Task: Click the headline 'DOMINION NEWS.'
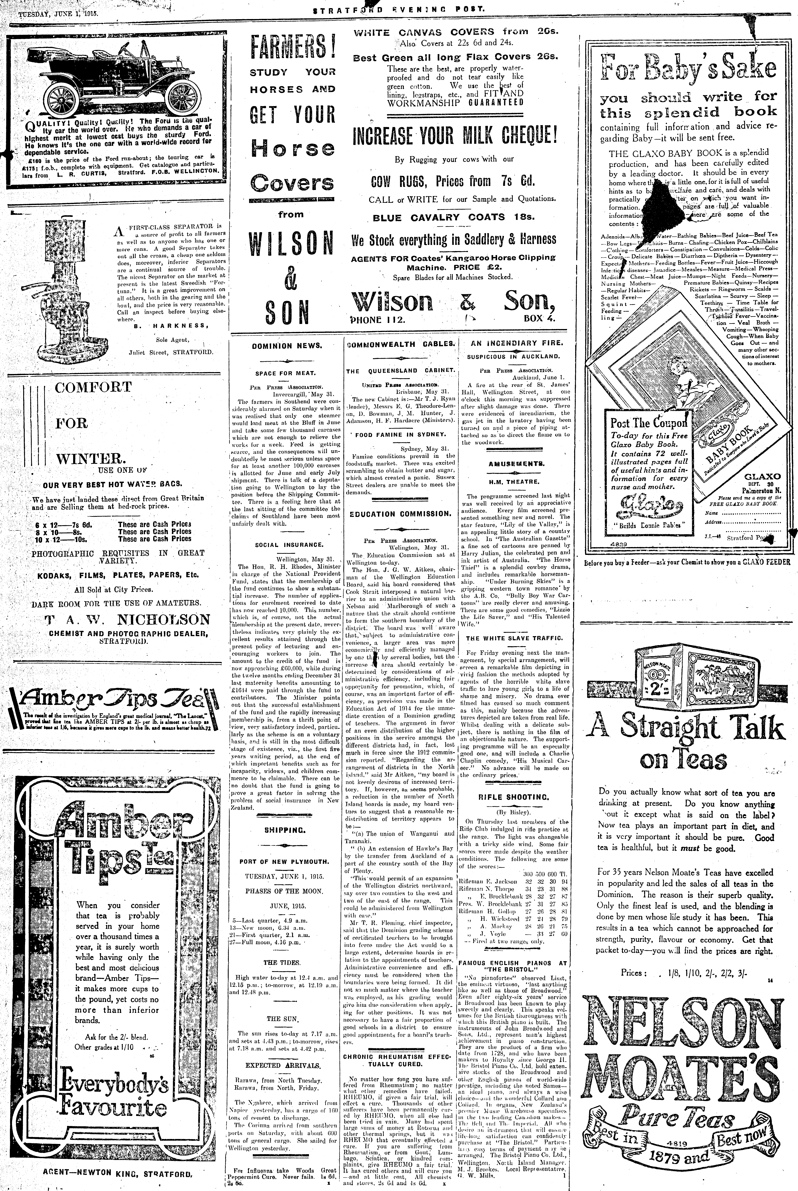(x=287, y=346)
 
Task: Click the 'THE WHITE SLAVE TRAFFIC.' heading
(x=514, y=638)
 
